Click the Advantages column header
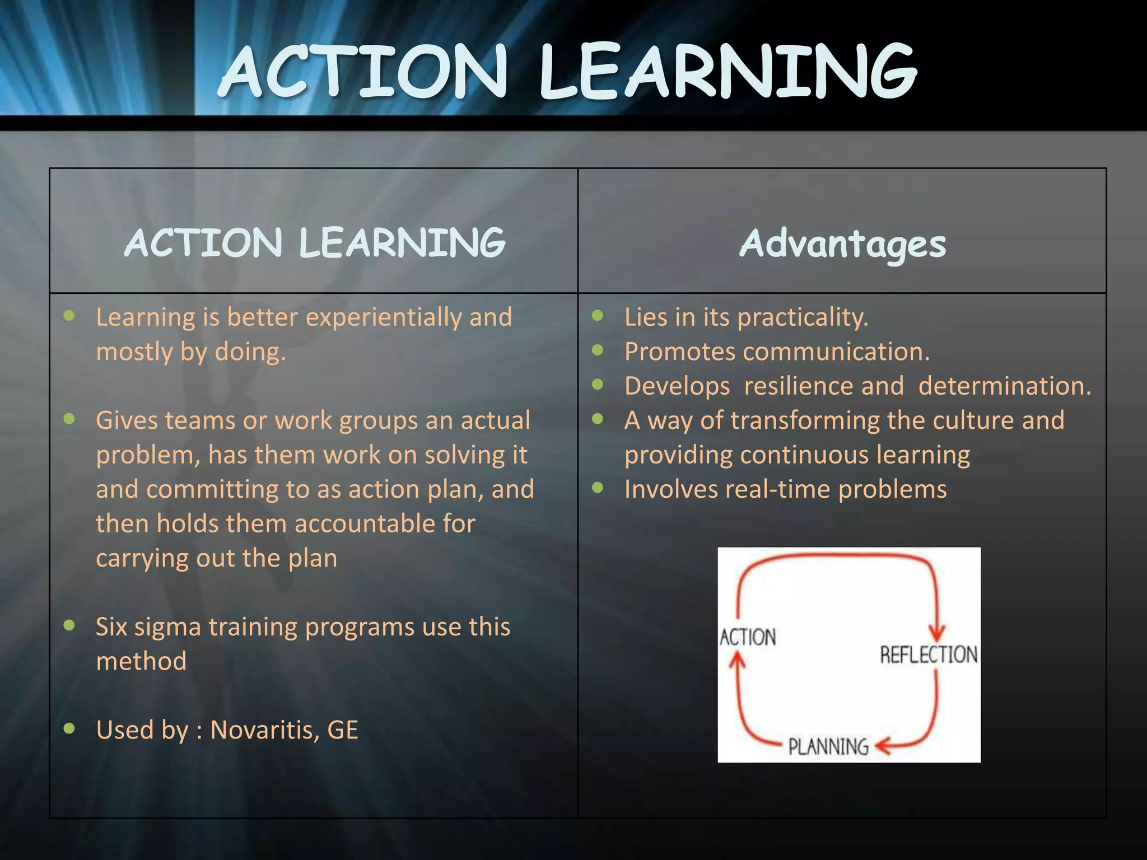coord(842,245)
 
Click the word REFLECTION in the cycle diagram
coord(929,655)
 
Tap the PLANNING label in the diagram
coord(828,746)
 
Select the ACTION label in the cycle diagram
coord(748,637)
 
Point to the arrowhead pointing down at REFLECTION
coord(936,633)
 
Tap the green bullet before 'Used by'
coord(69,728)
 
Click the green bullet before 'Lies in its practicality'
coord(598,316)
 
